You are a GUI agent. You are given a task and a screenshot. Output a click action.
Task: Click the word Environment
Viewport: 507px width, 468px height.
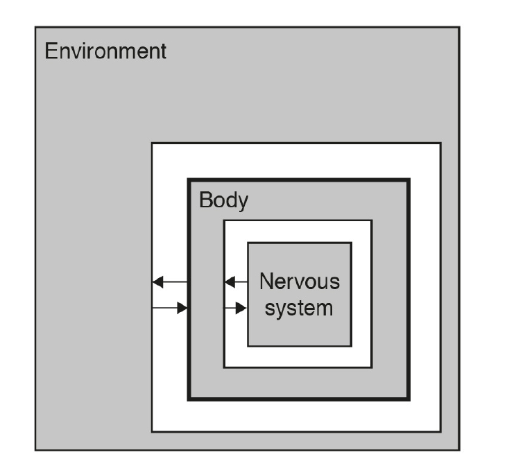click(x=105, y=52)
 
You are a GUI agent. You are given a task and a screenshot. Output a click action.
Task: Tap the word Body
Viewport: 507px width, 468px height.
click(x=223, y=201)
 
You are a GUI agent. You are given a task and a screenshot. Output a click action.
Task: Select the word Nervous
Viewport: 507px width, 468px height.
click(x=300, y=282)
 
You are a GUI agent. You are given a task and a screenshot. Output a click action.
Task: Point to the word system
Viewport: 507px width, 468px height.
click(x=300, y=306)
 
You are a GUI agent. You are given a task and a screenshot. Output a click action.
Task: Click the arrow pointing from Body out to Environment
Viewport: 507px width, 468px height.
click(x=170, y=282)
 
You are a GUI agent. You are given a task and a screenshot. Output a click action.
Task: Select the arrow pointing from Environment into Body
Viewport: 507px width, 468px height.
click(x=170, y=307)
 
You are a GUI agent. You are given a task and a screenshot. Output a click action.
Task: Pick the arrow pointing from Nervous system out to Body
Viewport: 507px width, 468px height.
click(x=237, y=282)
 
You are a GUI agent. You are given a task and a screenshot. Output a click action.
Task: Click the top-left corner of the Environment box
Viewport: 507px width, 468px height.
click(x=35, y=28)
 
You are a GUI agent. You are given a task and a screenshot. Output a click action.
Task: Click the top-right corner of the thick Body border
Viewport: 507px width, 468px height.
click(x=409, y=180)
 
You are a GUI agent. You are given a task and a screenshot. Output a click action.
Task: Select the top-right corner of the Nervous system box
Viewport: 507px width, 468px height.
click(x=351, y=243)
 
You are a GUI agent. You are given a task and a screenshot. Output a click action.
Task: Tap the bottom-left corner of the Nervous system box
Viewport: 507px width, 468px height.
click(x=248, y=345)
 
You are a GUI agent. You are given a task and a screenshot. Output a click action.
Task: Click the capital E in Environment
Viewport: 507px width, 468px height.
click(x=51, y=52)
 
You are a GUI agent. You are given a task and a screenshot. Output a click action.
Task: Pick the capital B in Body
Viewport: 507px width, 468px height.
click(x=205, y=201)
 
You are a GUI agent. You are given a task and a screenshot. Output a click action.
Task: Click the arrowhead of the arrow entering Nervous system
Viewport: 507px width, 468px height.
click(x=242, y=307)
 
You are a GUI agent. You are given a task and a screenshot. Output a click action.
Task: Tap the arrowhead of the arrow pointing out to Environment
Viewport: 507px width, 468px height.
click(x=157, y=282)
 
